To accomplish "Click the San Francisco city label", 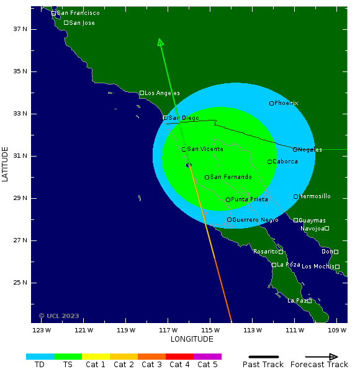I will coord(78,13).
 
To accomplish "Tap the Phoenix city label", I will coord(286,103).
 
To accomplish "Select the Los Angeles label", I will coord(163,93).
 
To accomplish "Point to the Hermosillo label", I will coord(315,196).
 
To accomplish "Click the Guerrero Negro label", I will coord(255,220).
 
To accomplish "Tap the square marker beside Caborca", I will coord(269,162).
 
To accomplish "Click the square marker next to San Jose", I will coord(66,23).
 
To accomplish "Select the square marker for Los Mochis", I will coord(337,267).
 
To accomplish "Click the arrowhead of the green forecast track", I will coord(160,42).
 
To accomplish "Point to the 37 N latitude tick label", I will coord(21,29).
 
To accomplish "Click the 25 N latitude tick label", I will coord(21,283).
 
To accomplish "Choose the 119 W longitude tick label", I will coord(126,330).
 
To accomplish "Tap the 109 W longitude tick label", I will coord(337,330).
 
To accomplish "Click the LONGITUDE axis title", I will coord(192,339).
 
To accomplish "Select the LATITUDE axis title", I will coord(6,164).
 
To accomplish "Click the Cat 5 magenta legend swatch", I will coord(207,357).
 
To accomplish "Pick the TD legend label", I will coord(40,365).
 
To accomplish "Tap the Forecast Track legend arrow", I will coord(323,357).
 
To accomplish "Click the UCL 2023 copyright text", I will coord(59,316).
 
